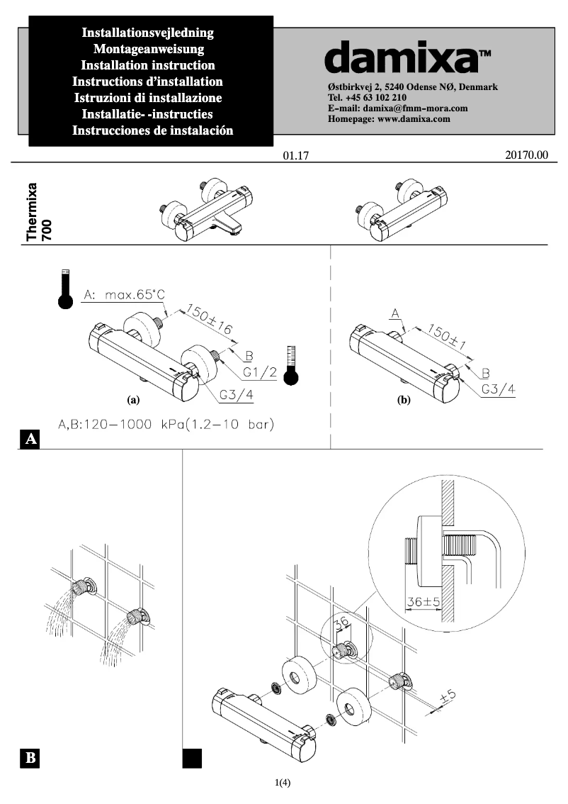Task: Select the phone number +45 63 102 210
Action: [367, 98]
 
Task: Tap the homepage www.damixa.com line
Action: [389, 119]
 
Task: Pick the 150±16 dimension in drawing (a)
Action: [210, 320]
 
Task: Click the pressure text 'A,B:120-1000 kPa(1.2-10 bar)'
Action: [165, 425]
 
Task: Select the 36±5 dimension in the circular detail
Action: [423, 601]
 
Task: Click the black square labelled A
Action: [30, 440]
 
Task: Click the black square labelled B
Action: [30, 758]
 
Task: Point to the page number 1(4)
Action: [283, 783]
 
